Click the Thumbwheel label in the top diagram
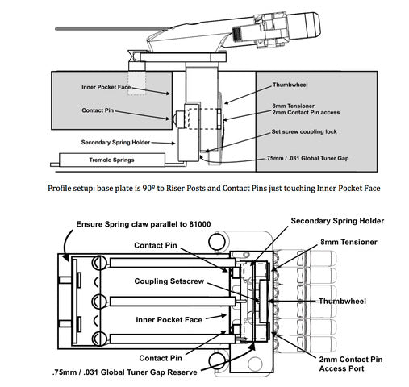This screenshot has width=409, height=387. (x=290, y=85)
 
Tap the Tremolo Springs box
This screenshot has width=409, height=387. (x=112, y=160)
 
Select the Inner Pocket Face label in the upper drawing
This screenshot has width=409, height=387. (x=106, y=87)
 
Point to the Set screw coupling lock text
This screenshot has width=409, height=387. (x=304, y=131)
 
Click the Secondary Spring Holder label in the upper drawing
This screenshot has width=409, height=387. (x=115, y=143)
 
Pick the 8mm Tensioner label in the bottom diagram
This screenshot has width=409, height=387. (x=348, y=242)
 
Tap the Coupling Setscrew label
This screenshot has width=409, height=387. (x=169, y=281)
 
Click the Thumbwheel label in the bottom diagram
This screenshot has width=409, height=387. (x=342, y=301)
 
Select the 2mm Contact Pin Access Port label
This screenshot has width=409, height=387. (x=351, y=364)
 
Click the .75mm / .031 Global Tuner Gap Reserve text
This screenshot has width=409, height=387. (x=124, y=372)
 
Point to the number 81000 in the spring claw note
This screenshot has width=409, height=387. (x=199, y=224)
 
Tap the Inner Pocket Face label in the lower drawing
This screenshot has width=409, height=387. (x=169, y=320)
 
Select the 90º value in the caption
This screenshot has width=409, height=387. (x=148, y=188)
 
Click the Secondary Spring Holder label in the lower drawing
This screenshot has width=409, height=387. (x=337, y=221)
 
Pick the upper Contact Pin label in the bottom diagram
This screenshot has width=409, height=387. (x=156, y=245)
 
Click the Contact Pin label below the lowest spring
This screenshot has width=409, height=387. (x=161, y=358)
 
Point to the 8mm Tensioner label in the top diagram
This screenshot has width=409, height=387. (x=293, y=106)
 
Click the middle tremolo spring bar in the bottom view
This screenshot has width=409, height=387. (x=173, y=302)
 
